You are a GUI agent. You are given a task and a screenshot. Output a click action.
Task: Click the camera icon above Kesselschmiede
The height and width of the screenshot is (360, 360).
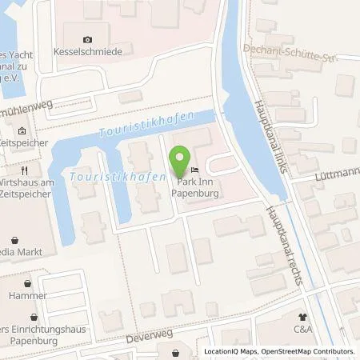[87, 38]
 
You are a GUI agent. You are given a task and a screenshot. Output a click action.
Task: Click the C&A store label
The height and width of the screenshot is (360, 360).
[303, 328]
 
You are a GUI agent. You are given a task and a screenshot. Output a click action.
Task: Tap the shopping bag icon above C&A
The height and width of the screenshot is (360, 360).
[303, 316]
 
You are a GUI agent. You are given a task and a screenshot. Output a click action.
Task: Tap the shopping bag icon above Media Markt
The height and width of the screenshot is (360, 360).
[17, 238]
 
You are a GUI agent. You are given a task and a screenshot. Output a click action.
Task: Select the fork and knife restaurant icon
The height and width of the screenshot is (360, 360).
[26, 170]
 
